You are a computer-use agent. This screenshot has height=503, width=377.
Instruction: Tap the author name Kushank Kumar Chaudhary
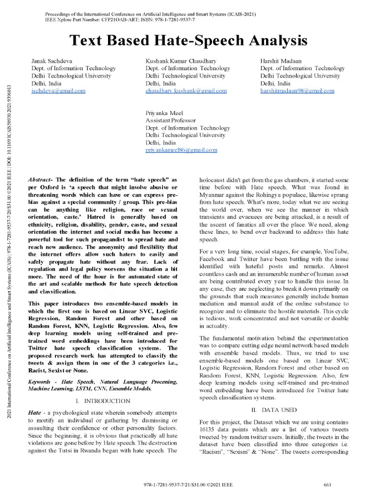tap(181, 61)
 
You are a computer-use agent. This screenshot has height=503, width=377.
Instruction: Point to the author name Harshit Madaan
tap(281, 61)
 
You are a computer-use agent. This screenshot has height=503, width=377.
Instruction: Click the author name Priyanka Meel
tap(164, 113)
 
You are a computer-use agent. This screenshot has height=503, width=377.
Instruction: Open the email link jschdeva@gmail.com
tap(58, 91)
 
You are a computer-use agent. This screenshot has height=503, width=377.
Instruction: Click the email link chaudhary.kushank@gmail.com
tap(186, 91)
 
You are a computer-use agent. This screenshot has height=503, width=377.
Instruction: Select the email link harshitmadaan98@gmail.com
tap(297, 91)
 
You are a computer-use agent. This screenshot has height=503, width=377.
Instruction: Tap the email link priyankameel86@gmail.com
tap(181, 150)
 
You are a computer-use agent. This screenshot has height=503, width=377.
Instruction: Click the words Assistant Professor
tap(170, 120)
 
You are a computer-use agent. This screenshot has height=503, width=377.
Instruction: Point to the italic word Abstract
tap(41, 180)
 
